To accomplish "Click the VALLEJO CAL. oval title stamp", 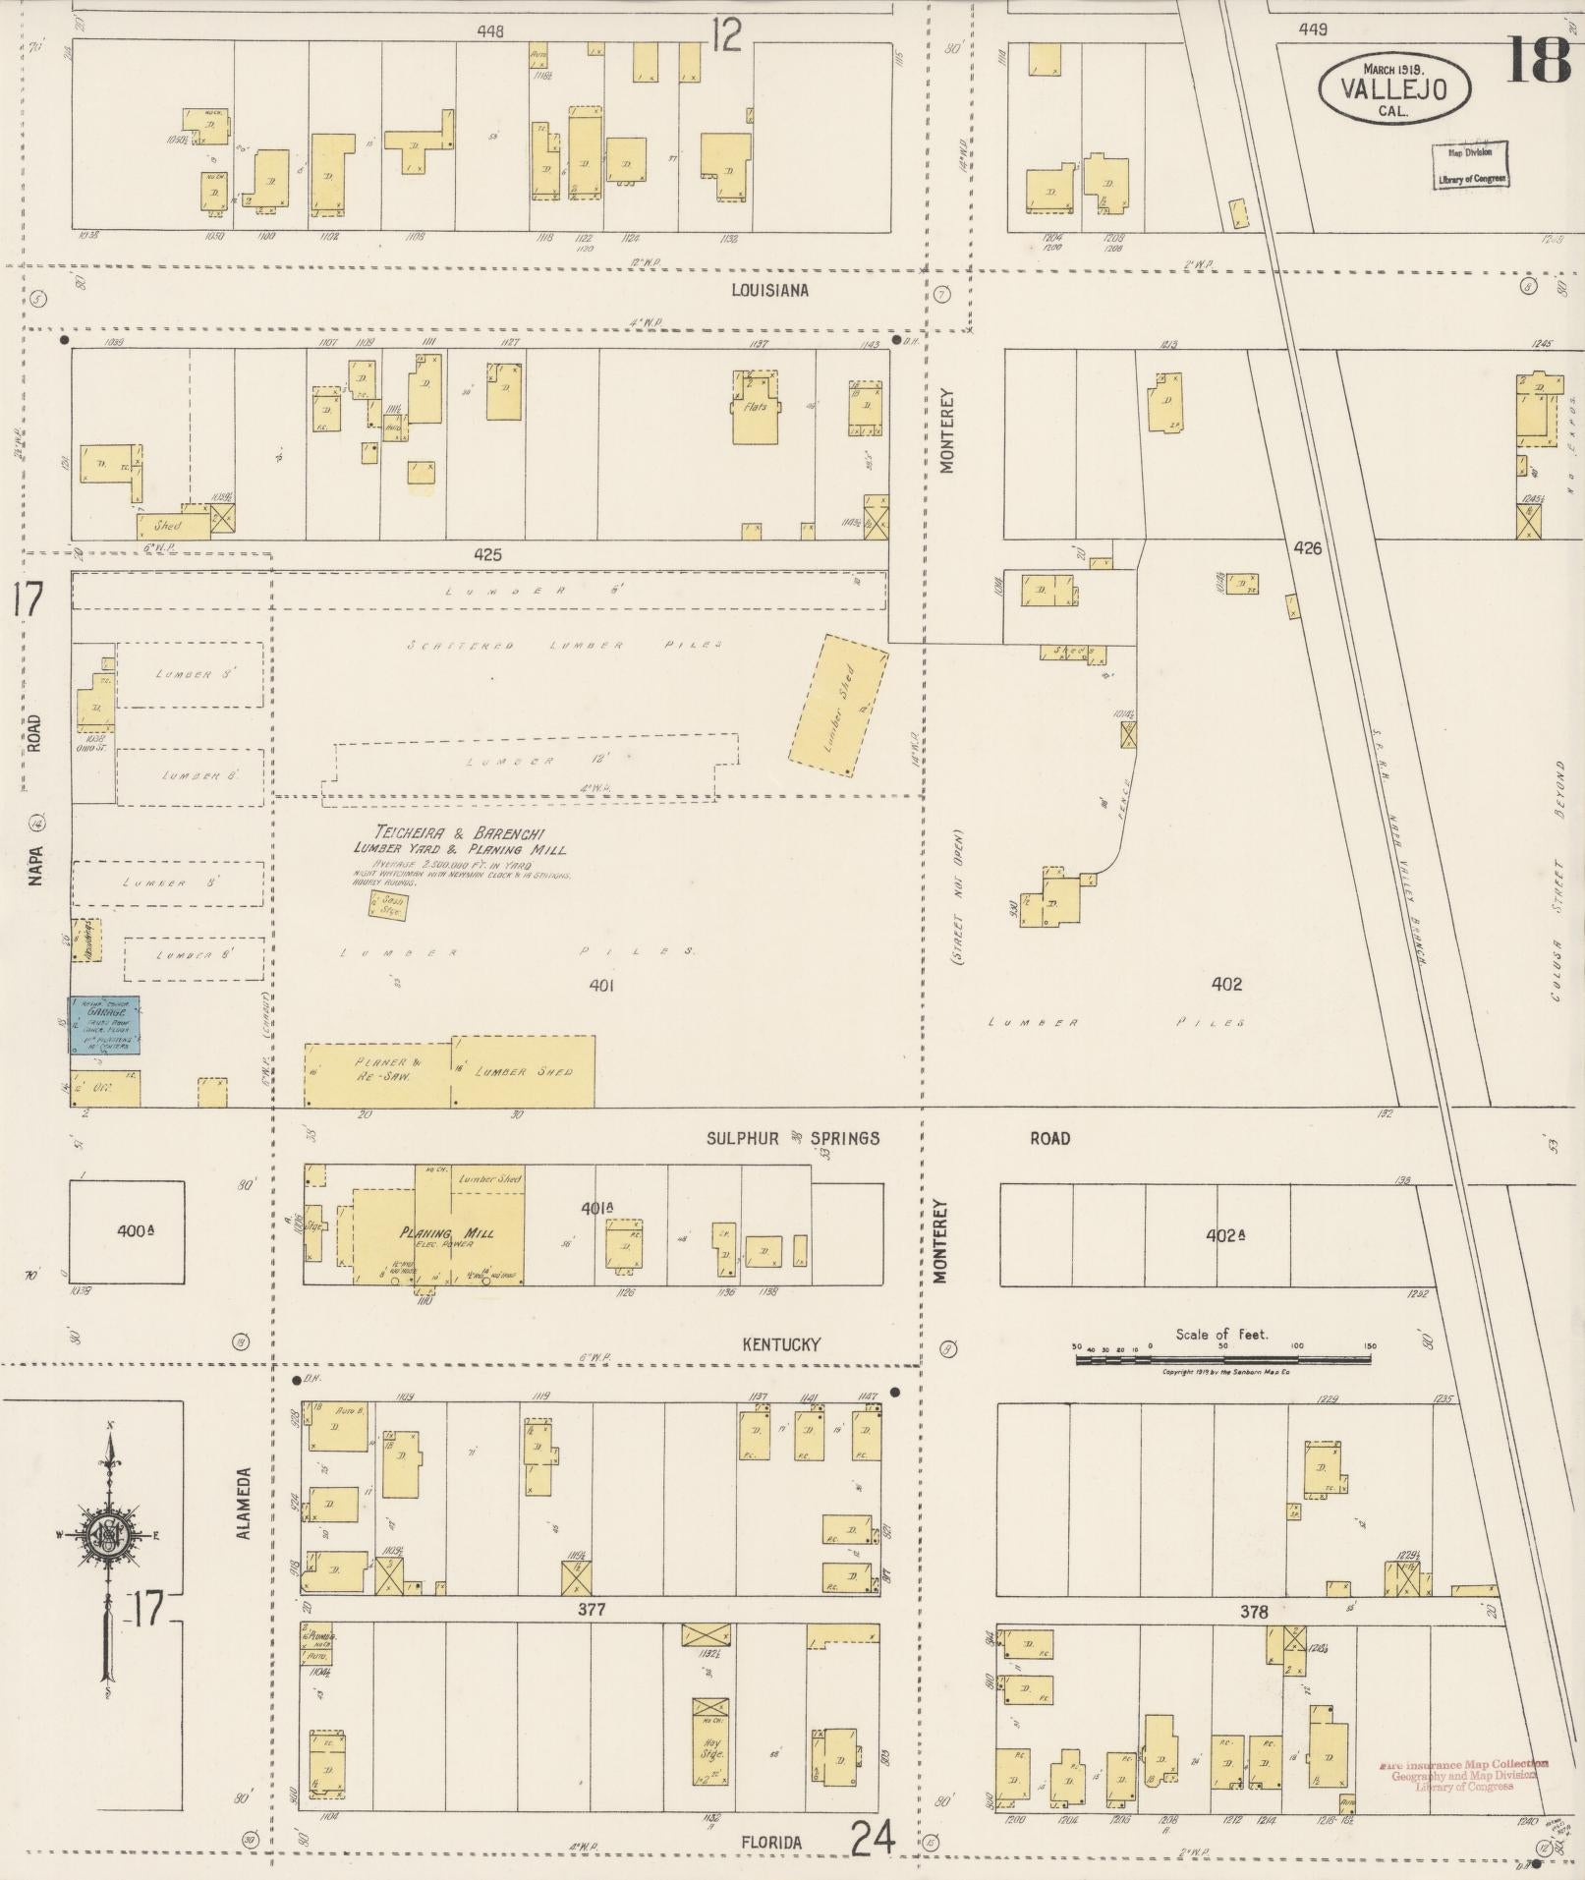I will pos(1393,89).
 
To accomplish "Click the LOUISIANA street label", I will pos(770,290).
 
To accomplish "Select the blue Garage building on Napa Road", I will pos(103,1025).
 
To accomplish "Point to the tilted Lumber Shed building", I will pos(838,706).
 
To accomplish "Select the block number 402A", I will pos(1225,1235).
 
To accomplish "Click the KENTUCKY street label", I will pos(781,1344).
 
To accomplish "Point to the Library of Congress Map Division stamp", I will pos(1470,165).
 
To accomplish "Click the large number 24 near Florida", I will pos(873,1836).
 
